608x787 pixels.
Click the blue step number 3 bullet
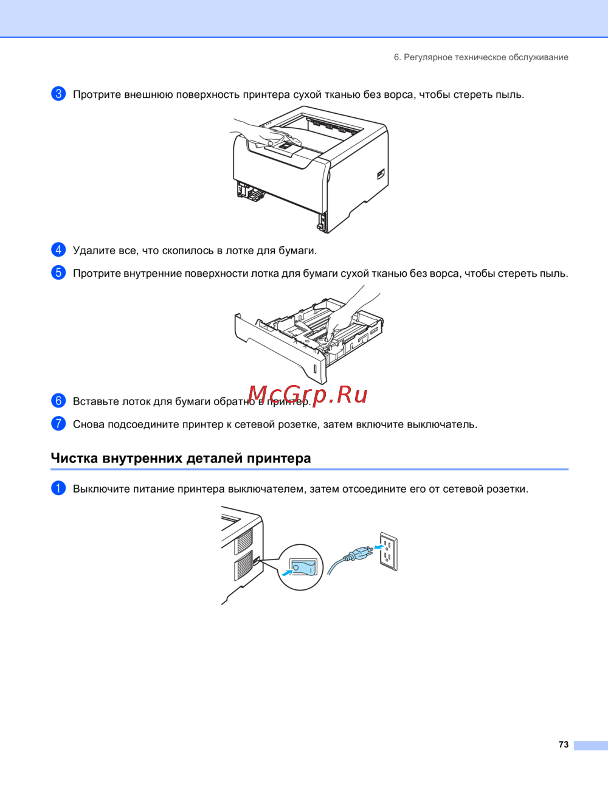click(x=58, y=94)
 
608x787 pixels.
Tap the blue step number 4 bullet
click(x=58, y=249)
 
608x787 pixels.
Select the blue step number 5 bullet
click(x=58, y=272)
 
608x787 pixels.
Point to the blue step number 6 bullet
click(x=58, y=401)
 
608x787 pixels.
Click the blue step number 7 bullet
click(x=58, y=423)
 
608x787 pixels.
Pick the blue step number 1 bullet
click(x=58, y=488)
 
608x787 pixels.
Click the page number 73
click(x=564, y=744)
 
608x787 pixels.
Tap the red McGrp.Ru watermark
click(x=308, y=394)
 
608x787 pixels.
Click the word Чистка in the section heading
click(x=74, y=458)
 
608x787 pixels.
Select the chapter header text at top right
click(x=481, y=57)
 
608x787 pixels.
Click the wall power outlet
click(x=389, y=551)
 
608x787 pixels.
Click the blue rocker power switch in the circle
click(x=302, y=567)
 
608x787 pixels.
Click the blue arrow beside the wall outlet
click(x=379, y=546)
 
